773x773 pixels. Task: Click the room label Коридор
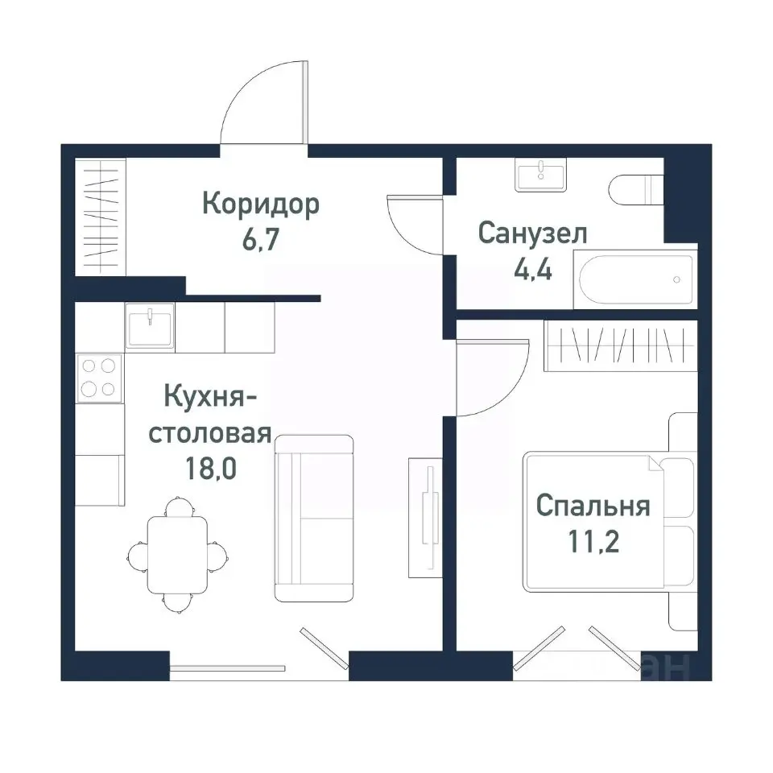pyautogui.click(x=260, y=205)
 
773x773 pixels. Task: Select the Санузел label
pyautogui.click(x=532, y=234)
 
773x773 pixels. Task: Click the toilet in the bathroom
pyautogui.click(x=636, y=190)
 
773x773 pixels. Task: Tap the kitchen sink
pyautogui.click(x=150, y=326)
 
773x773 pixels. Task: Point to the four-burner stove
pyautogui.click(x=98, y=378)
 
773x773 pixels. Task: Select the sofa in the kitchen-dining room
pyautogui.click(x=314, y=519)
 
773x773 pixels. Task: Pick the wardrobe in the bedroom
pyautogui.click(x=620, y=345)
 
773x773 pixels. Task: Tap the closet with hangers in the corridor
pyautogui.click(x=101, y=216)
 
